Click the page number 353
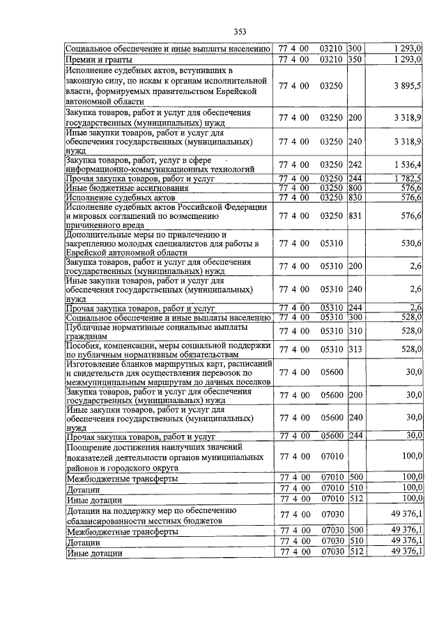point(240,31)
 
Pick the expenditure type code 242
point(355,165)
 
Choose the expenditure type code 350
point(355,60)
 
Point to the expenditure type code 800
point(355,188)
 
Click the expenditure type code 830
point(355,197)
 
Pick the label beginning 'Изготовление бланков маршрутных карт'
point(167,372)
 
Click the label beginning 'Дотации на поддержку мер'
point(153,516)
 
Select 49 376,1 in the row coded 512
point(406,552)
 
